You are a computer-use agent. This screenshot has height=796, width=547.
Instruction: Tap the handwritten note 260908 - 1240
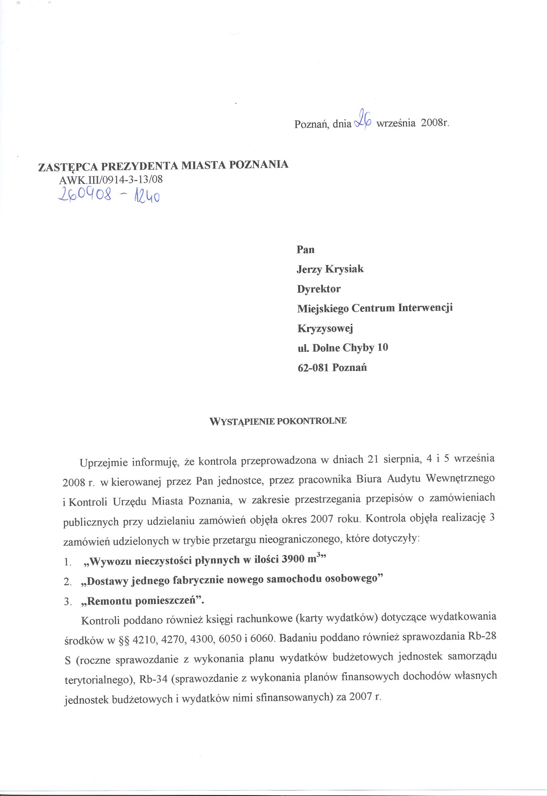click(x=109, y=196)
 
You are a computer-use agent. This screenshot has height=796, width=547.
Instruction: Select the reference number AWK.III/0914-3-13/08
click(x=111, y=179)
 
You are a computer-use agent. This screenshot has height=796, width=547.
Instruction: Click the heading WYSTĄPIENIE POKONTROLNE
click(x=278, y=421)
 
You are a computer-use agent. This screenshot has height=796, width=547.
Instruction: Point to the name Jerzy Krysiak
click(x=330, y=269)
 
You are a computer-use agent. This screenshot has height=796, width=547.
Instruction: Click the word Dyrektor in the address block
click(x=319, y=289)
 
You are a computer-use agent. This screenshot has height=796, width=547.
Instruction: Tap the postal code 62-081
click(x=313, y=368)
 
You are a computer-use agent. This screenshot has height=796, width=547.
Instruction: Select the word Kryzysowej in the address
click(x=325, y=329)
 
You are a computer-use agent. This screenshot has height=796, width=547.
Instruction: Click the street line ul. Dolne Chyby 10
click(x=343, y=348)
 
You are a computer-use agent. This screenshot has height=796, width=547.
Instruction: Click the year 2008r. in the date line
click(x=435, y=123)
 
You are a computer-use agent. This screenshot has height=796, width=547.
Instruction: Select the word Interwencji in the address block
click(x=425, y=308)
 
